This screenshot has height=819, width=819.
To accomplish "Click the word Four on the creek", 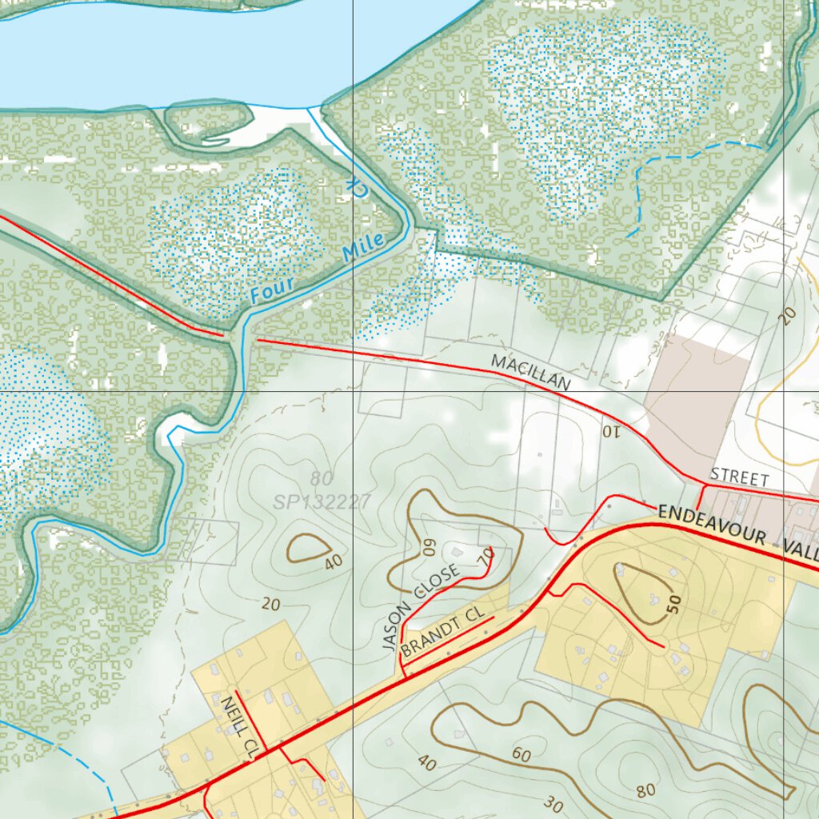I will tap(272, 289).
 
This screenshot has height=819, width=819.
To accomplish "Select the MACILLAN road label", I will tap(531, 373).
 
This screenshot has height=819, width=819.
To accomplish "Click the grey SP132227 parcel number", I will tap(322, 502).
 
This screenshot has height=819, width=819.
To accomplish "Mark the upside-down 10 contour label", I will tap(610, 432).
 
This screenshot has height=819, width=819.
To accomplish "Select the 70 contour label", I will tap(485, 558).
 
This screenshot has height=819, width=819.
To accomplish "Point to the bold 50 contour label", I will tap(675, 604).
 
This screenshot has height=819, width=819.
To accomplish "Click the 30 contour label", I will tap(553, 803).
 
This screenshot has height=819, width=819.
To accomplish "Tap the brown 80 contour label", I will tap(645, 790).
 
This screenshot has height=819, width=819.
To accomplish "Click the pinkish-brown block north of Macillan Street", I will tap(696, 384).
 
